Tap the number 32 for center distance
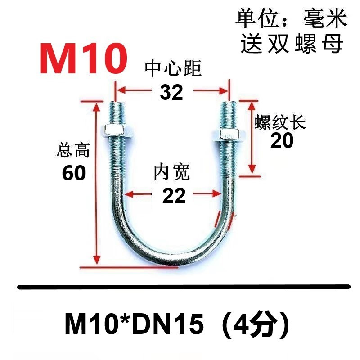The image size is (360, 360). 171,92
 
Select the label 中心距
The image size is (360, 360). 173,69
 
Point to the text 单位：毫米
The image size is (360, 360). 292,19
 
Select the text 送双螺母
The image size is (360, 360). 292,44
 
